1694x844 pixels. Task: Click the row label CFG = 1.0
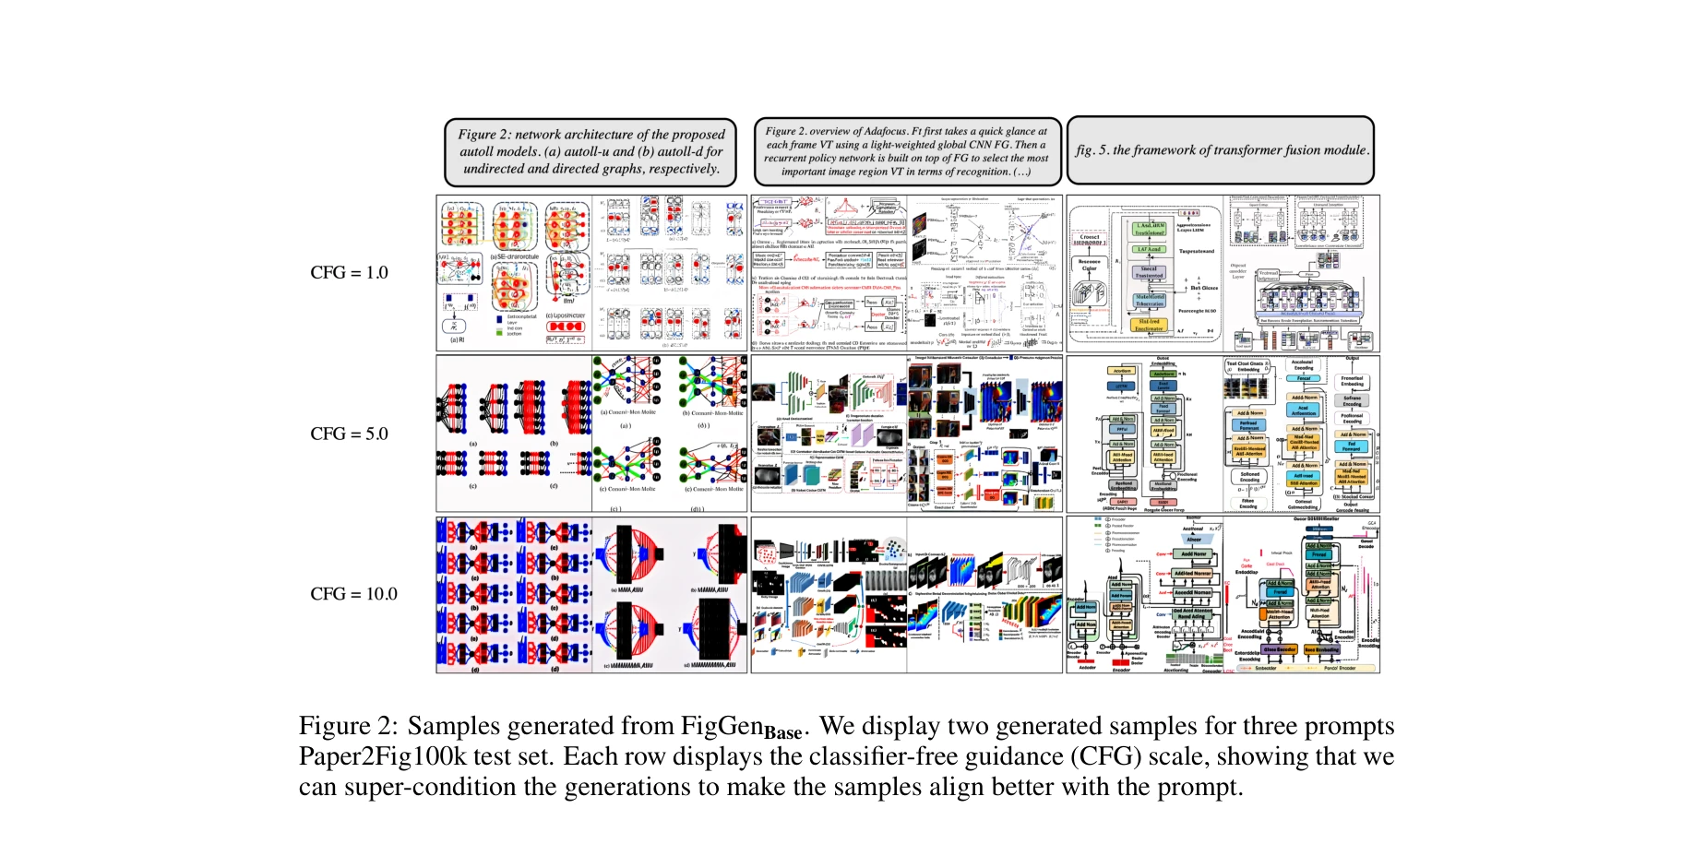349,273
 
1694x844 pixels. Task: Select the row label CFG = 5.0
349,434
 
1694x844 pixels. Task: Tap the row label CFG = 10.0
353,594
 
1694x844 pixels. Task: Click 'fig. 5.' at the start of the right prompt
1092,149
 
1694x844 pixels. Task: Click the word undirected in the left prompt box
493,169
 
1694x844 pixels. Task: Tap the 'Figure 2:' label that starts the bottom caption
347,726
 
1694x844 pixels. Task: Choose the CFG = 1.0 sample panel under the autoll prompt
591,273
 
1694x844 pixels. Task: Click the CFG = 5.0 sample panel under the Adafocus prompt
906,434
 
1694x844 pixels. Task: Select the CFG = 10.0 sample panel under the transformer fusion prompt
1223,594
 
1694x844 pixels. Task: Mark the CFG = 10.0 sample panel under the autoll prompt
591,594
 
